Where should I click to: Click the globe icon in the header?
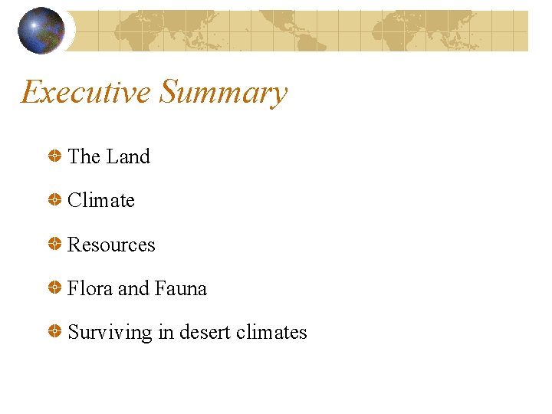(41, 31)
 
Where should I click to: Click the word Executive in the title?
(86, 93)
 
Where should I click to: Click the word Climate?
(101, 200)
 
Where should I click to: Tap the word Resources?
(111, 245)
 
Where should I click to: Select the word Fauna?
(181, 288)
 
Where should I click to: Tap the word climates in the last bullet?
(272, 332)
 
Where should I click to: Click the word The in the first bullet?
(84, 156)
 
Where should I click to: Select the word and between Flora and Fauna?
(133, 288)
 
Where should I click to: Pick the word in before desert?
(166, 332)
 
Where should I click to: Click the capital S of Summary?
(169, 93)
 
